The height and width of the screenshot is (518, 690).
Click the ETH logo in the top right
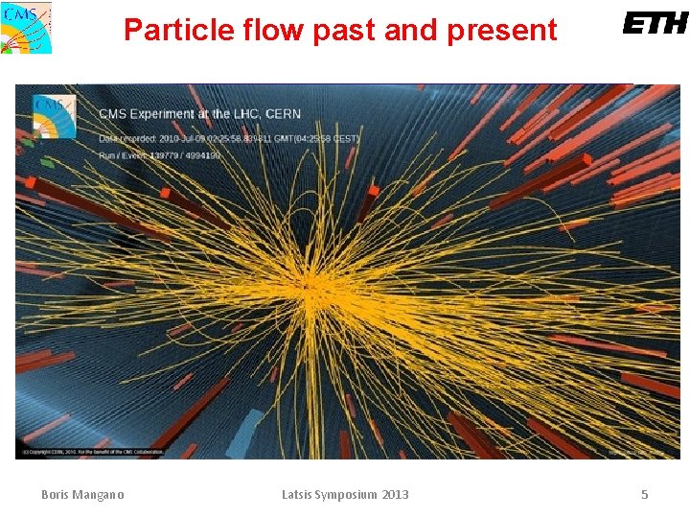(x=655, y=23)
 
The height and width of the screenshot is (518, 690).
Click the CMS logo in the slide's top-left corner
(x=27, y=27)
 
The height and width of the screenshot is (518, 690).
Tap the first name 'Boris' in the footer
(x=56, y=495)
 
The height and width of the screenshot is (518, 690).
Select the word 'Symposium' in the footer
(x=351, y=495)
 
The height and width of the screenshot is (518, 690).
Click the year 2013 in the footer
(x=395, y=495)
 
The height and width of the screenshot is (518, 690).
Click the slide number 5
(x=644, y=495)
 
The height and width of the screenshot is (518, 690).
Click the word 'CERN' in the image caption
(x=283, y=114)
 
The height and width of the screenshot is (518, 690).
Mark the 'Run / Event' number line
(x=159, y=154)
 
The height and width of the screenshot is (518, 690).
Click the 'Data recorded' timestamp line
(x=228, y=138)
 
